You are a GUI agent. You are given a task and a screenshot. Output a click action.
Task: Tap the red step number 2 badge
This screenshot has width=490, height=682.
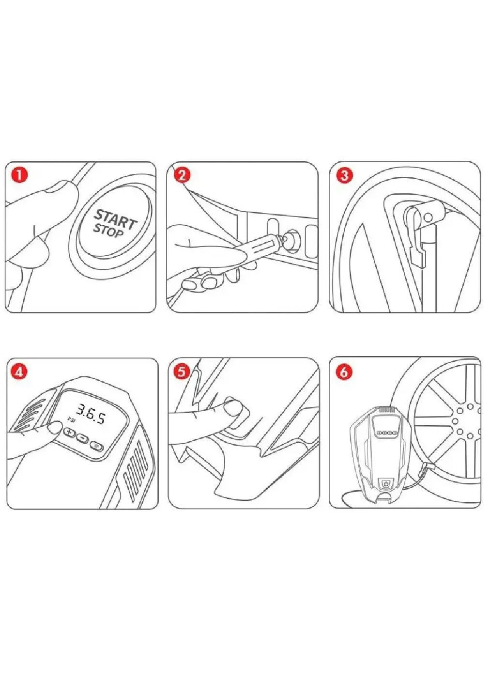pos(182,176)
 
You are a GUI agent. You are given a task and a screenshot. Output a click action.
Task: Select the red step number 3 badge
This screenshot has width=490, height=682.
pos(344,176)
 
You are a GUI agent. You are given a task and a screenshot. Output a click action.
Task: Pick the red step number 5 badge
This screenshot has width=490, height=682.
pos(182,372)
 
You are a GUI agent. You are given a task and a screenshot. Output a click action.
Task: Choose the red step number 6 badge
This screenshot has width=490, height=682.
pos(344,372)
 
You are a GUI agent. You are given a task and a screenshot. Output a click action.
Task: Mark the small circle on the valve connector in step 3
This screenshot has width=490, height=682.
pos(428,217)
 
